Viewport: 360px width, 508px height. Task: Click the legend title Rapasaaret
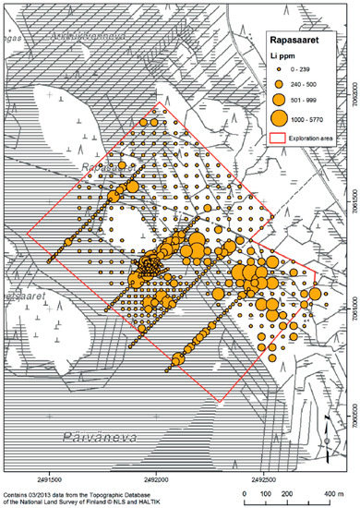[x=298, y=40]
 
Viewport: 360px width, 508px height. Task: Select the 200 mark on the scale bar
[x=286, y=496]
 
